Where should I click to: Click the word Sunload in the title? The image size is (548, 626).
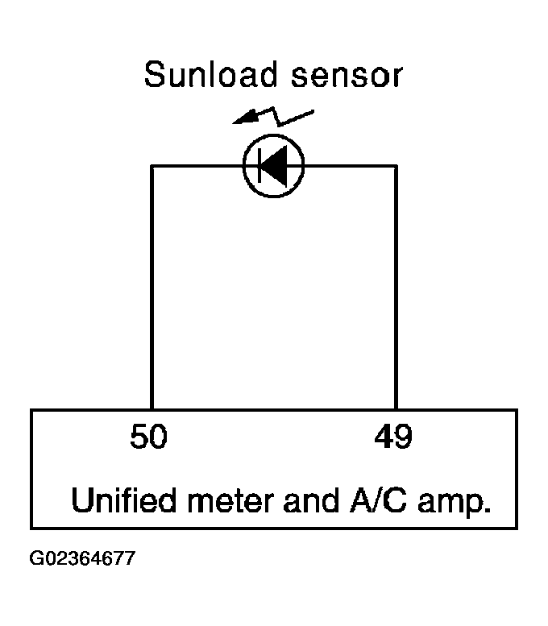click(210, 74)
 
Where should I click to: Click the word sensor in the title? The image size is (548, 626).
click(347, 76)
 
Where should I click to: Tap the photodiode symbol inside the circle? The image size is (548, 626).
click(274, 166)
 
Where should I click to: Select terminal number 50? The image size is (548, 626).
click(149, 436)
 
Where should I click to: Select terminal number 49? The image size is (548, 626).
click(393, 436)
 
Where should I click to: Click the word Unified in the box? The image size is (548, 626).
click(124, 500)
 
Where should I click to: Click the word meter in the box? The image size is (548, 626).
click(230, 501)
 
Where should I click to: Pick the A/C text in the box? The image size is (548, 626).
click(379, 500)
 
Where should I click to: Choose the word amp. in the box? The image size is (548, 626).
click(455, 504)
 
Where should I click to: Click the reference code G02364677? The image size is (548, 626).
click(82, 558)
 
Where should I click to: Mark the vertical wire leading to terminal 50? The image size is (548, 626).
click(152, 288)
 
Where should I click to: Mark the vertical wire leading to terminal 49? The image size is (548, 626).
click(396, 288)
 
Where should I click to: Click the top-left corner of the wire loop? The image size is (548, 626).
click(152, 166)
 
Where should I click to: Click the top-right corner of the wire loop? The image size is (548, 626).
click(396, 166)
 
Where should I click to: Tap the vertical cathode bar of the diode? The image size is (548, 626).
click(260, 166)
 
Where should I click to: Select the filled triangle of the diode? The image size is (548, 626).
click(275, 166)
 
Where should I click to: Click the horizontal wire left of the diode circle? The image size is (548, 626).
click(197, 166)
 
